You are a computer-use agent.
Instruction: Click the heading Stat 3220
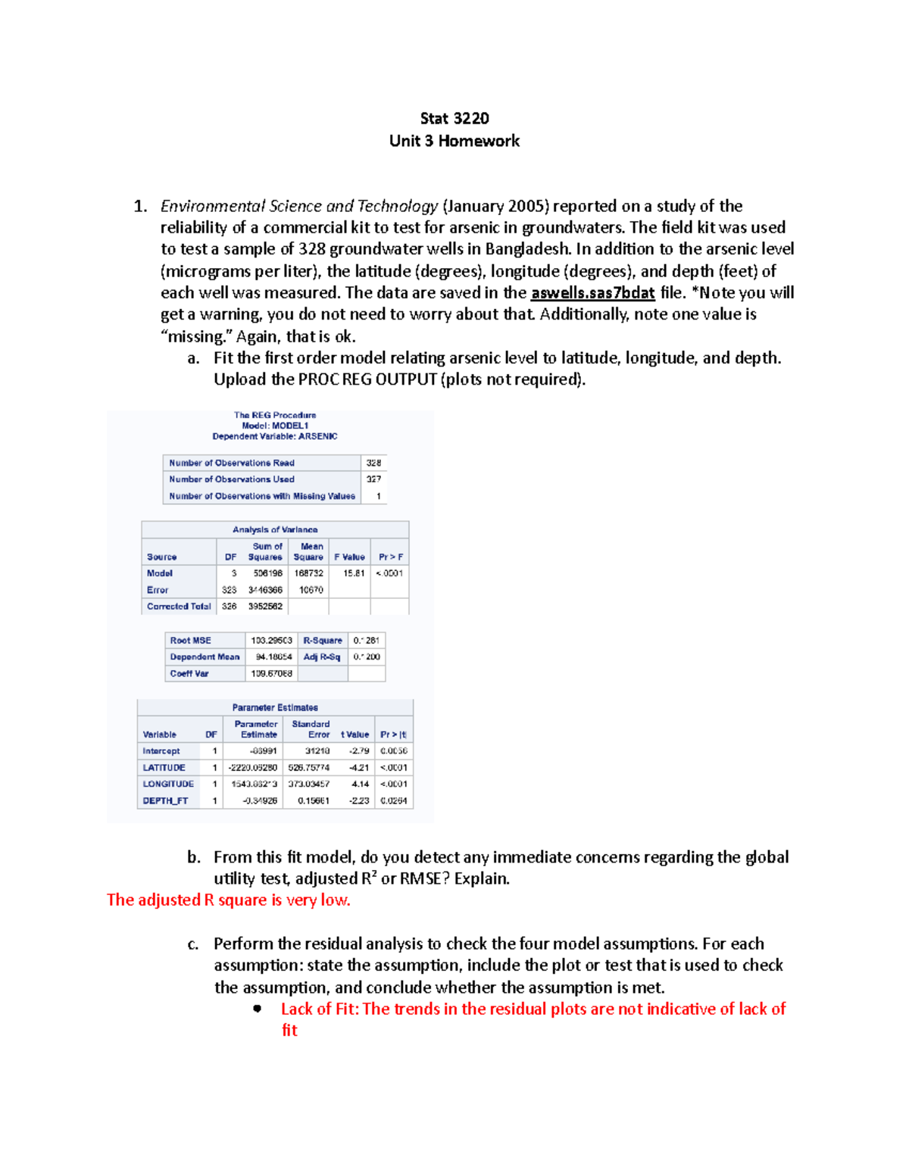pyautogui.click(x=454, y=118)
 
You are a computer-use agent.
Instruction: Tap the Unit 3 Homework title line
pyautogui.click(x=454, y=141)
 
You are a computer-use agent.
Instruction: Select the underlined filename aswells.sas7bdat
pyautogui.click(x=592, y=293)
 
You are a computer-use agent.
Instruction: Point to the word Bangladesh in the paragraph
pyautogui.click(x=526, y=249)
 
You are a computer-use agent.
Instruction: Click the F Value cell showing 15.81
pyautogui.click(x=353, y=573)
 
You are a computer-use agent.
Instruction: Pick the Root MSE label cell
pyautogui.click(x=191, y=641)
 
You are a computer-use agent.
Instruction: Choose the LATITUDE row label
pyautogui.click(x=164, y=768)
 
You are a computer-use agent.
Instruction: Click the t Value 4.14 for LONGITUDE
pyautogui.click(x=360, y=785)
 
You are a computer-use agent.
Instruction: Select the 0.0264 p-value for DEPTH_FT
pyautogui.click(x=393, y=800)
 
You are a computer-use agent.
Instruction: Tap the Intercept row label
pyautogui.click(x=161, y=751)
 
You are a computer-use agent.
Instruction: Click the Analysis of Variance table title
pyautogui.click(x=275, y=530)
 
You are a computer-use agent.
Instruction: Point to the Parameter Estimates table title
pyautogui.click(x=275, y=708)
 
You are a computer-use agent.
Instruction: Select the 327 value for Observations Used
pyautogui.click(x=373, y=479)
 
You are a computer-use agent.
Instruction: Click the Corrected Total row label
pyautogui.click(x=179, y=607)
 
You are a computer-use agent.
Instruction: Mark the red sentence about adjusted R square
pyautogui.click(x=228, y=900)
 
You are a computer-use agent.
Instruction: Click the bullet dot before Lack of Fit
pyautogui.click(x=258, y=1009)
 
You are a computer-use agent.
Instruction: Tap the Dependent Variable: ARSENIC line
pyautogui.click(x=275, y=437)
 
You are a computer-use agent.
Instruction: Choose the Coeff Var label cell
pyautogui.click(x=189, y=674)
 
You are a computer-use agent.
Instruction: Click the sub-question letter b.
pyautogui.click(x=194, y=857)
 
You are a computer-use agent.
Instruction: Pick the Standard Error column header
pyautogui.click(x=311, y=729)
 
